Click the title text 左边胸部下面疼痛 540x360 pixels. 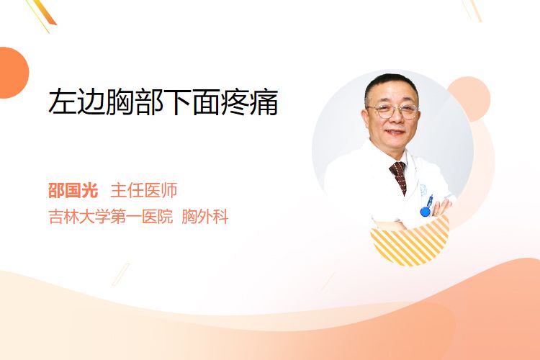[163, 102]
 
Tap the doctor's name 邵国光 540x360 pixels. [73, 191]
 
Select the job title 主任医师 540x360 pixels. [143, 191]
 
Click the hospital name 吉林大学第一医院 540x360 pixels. [111, 217]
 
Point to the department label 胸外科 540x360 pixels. [205, 217]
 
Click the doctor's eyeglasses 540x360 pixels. [393, 111]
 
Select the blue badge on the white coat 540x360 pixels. [426, 209]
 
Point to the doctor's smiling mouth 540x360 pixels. [395, 132]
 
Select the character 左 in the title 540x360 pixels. [62, 102]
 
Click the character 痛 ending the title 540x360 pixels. [264, 102]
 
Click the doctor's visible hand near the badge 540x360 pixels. [442, 208]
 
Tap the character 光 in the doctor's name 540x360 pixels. [89, 191]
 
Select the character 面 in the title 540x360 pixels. [207, 102]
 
